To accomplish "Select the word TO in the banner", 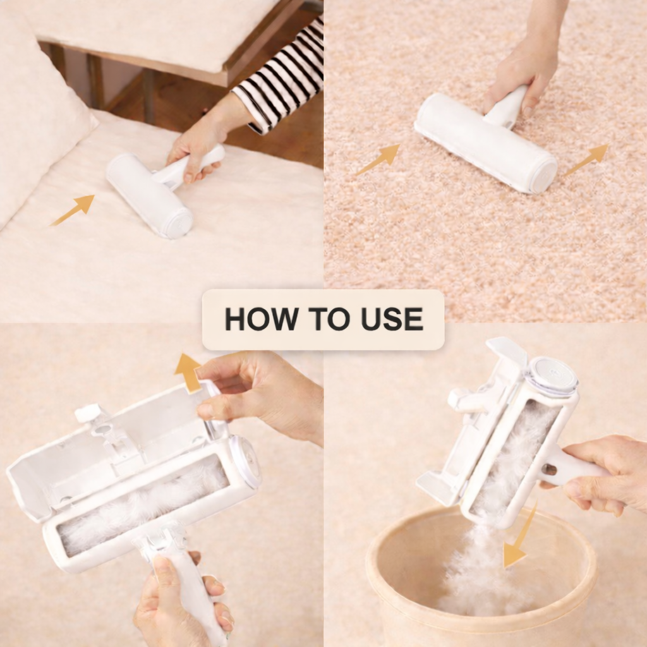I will click(323, 320).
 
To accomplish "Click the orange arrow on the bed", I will click(75, 209).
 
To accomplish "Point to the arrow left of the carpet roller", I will click(378, 159).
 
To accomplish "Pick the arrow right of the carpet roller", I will click(586, 159).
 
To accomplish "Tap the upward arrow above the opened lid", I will click(188, 372).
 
